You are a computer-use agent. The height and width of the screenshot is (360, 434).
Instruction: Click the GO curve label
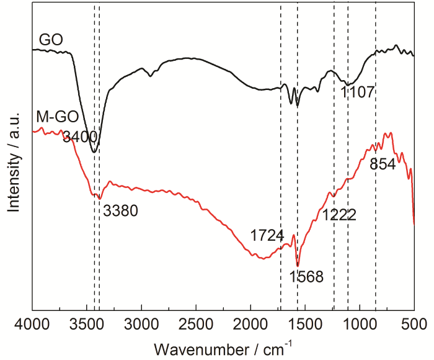[x=51, y=40]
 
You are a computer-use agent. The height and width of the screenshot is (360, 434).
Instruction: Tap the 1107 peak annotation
[x=358, y=93]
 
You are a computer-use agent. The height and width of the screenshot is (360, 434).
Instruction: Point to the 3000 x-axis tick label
[x=141, y=323]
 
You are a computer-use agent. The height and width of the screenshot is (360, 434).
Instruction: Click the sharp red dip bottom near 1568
[x=298, y=266]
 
